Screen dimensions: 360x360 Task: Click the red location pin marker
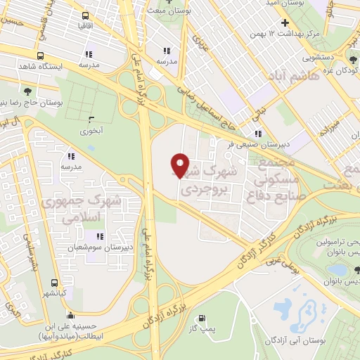click(180, 165)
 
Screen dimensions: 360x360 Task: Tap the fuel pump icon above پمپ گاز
click(205, 318)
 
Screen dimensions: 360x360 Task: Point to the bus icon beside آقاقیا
click(85, 15)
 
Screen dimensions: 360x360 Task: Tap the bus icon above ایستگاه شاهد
click(40, 56)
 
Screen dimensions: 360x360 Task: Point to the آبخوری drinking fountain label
click(91, 130)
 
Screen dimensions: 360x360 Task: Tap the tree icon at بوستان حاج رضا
click(27, 91)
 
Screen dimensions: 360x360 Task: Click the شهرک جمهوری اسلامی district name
click(80, 209)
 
